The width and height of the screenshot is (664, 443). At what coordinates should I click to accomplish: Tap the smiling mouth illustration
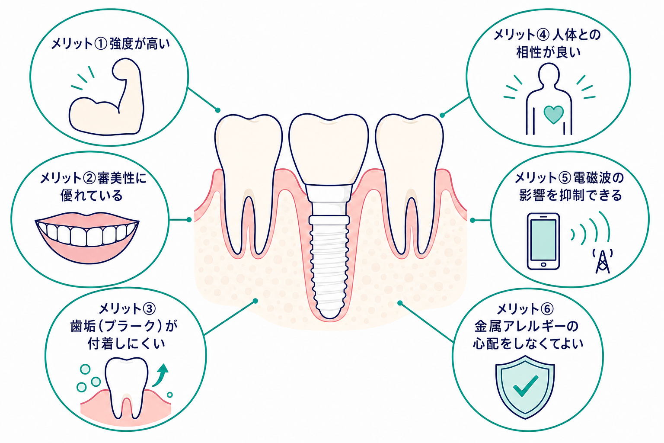click(x=87, y=238)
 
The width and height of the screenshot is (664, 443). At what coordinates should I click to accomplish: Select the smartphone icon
click(x=543, y=241)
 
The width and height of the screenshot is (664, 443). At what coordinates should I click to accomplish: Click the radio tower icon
click(x=602, y=262)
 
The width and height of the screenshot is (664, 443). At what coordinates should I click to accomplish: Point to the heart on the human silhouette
click(x=553, y=114)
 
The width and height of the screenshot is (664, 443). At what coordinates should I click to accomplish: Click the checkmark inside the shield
click(x=525, y=386)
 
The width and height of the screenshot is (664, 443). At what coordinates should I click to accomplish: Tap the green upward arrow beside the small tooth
click(x=161, y=376)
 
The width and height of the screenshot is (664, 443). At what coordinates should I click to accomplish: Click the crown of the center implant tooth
click(x=329, y=150)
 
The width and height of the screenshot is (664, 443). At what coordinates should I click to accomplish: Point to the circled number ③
click(x=149, y=308)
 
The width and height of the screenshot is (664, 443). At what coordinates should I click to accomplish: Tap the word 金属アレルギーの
click(x=527, y=326)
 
